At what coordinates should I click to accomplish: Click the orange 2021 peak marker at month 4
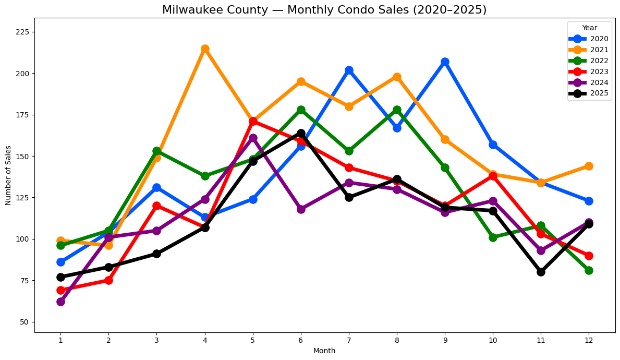pyautogui.click(x=205, y=49)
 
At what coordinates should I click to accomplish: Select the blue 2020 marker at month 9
pyautogui.click(x=445, y=62)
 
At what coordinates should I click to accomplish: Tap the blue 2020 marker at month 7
pyautogui.click(x=349, y=70)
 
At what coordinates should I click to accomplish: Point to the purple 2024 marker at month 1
pyautogui.click(x=60, y=302)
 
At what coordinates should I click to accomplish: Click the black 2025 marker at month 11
pyautogui.click(x=541, y=272)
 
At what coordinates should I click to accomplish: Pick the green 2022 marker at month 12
pyautogui.click(x=589, y=270)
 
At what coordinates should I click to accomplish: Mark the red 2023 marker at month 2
pyautogui.click(x=108, y=280)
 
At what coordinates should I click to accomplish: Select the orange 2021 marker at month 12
pyautogui.click(x=589, y=166)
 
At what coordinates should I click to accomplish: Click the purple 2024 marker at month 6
pyautogui.click(x=301, y=209)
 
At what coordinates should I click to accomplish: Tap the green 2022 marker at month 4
pyautogui.click(x=205, y=176)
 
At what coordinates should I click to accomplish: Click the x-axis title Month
pyautogui.click(x=324, y=351)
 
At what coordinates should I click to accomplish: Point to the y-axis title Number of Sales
pyautogui.click(x=8, y=175)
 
